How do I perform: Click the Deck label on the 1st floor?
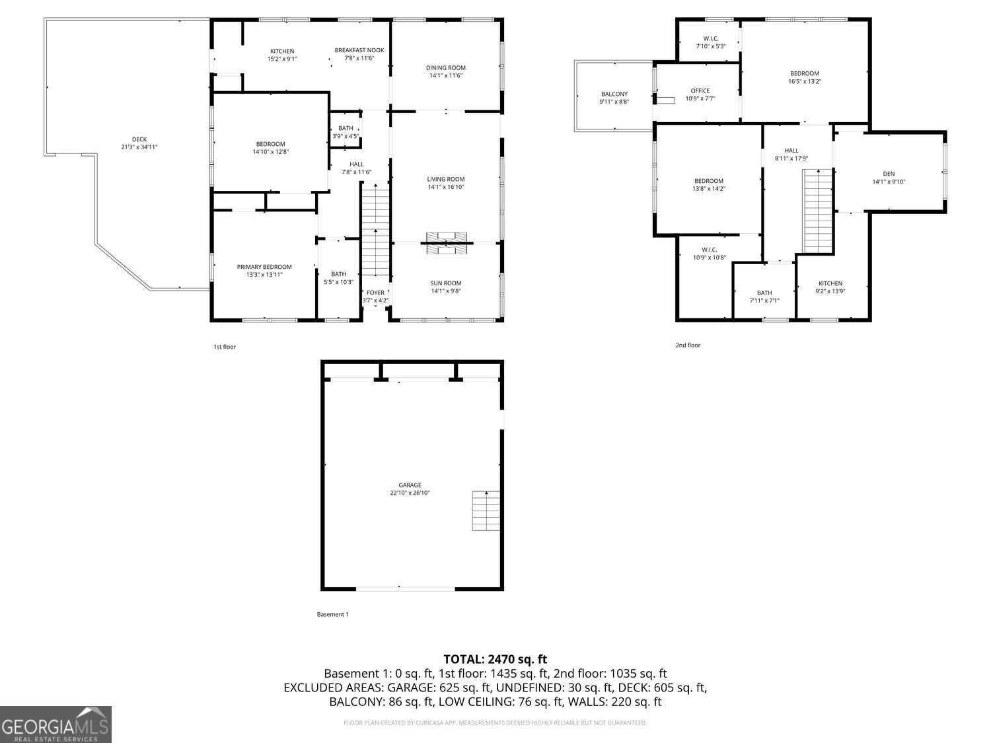tap(139, 139)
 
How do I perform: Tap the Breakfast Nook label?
tap(359, 50)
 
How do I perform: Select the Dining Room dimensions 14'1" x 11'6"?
tap(446, 76)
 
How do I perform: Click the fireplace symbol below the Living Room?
tap(446, 242)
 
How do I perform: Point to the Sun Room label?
tap(446, 283)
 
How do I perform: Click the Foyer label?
tap(375, 293)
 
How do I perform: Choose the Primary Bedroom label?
tap(264, 267)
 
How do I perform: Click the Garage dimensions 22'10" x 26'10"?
tap(410, 493)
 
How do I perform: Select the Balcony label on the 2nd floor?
tap(614, 94)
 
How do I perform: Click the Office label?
tap(700, 91)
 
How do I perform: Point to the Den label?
tap(889, 174)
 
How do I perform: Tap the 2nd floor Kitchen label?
tap(830, 283)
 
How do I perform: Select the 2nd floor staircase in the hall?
tap(818, 211)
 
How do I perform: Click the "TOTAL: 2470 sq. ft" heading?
tap(495, 658)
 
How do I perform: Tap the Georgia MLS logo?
tap(55, 725)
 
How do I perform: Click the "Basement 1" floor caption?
tap(332, 614)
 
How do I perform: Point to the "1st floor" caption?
tap(224, 347)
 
